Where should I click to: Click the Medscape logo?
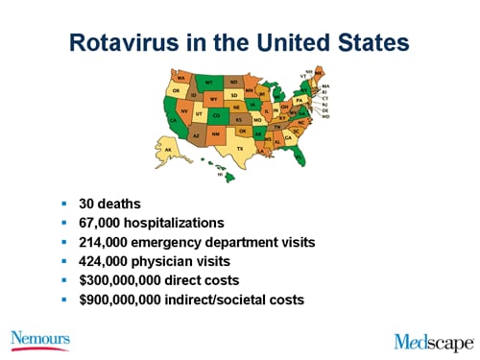(x=433, y=340)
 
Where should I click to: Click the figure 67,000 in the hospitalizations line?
(x=103, y=223)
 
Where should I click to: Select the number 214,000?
(x=107, y=242)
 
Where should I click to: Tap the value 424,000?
(x=107, y=260)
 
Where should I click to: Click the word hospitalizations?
(x=177, y=223)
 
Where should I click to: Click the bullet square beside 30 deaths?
(x=63, y=204)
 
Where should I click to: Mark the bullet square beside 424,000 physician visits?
(x=63, y=260)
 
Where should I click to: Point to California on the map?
(x=174, y=115)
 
